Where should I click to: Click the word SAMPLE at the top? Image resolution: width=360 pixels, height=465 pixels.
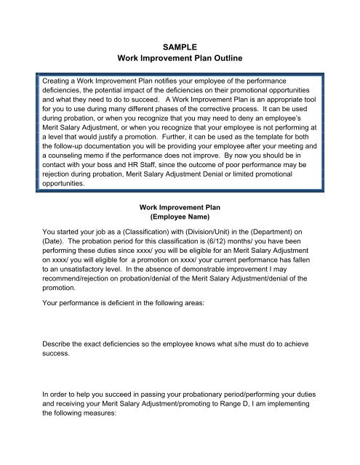tap(179, 44)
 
